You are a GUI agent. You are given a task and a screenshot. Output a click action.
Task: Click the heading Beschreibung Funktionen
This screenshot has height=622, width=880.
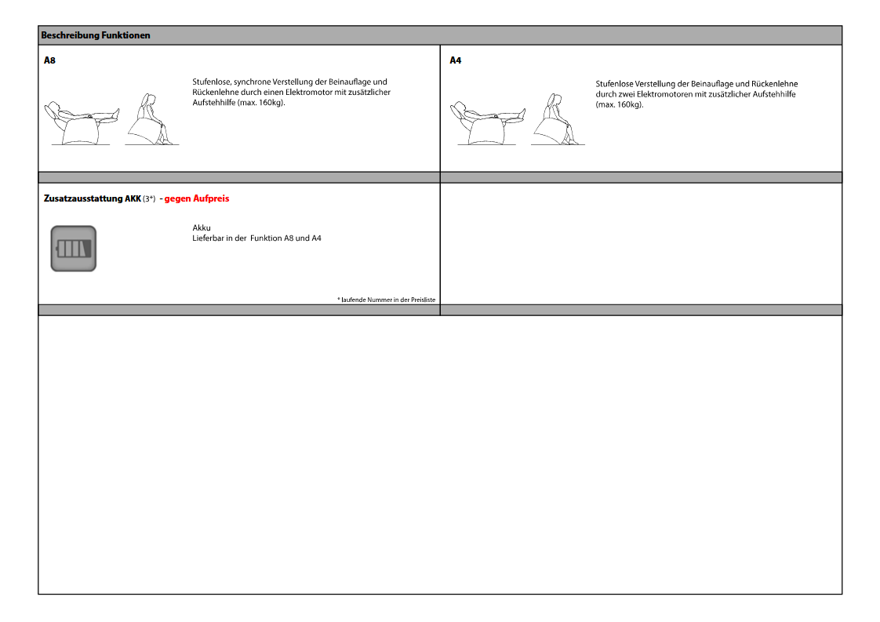[96, 35]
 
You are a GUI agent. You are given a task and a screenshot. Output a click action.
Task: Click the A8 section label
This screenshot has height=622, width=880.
[49, 60]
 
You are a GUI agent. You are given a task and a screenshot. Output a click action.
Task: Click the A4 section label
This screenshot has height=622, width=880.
[455, 60]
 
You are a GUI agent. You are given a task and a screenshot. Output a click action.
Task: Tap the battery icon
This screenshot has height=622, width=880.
[74, 249]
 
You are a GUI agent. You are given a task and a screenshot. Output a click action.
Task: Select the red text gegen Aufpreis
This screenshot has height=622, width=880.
[197, 198]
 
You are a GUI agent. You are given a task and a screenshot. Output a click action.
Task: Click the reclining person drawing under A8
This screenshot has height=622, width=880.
[82, 123]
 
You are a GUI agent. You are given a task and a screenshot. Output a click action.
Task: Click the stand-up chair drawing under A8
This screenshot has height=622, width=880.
[151, 119]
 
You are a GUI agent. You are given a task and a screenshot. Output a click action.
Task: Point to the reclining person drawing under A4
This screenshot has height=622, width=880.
[488, 123]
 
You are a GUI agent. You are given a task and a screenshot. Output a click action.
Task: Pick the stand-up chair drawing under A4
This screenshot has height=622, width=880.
[558, 119]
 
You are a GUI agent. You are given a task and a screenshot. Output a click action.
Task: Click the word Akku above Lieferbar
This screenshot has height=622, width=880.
[202, 228]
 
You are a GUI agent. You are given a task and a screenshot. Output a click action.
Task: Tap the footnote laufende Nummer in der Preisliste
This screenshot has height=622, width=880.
[386, 300]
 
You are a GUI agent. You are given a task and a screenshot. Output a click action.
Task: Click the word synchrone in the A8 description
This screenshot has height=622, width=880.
[252, 82]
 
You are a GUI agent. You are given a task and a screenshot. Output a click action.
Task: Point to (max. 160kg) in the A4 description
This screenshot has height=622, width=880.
[620, 105]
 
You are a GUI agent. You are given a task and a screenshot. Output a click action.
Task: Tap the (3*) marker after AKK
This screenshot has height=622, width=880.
[149, 198]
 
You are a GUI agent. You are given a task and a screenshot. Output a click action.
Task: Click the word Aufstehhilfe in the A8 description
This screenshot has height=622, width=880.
[214, 103]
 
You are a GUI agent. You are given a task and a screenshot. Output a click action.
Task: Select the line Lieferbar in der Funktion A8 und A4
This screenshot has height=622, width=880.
[257, 238]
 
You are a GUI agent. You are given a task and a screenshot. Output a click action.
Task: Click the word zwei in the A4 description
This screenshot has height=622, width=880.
[626, 94]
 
